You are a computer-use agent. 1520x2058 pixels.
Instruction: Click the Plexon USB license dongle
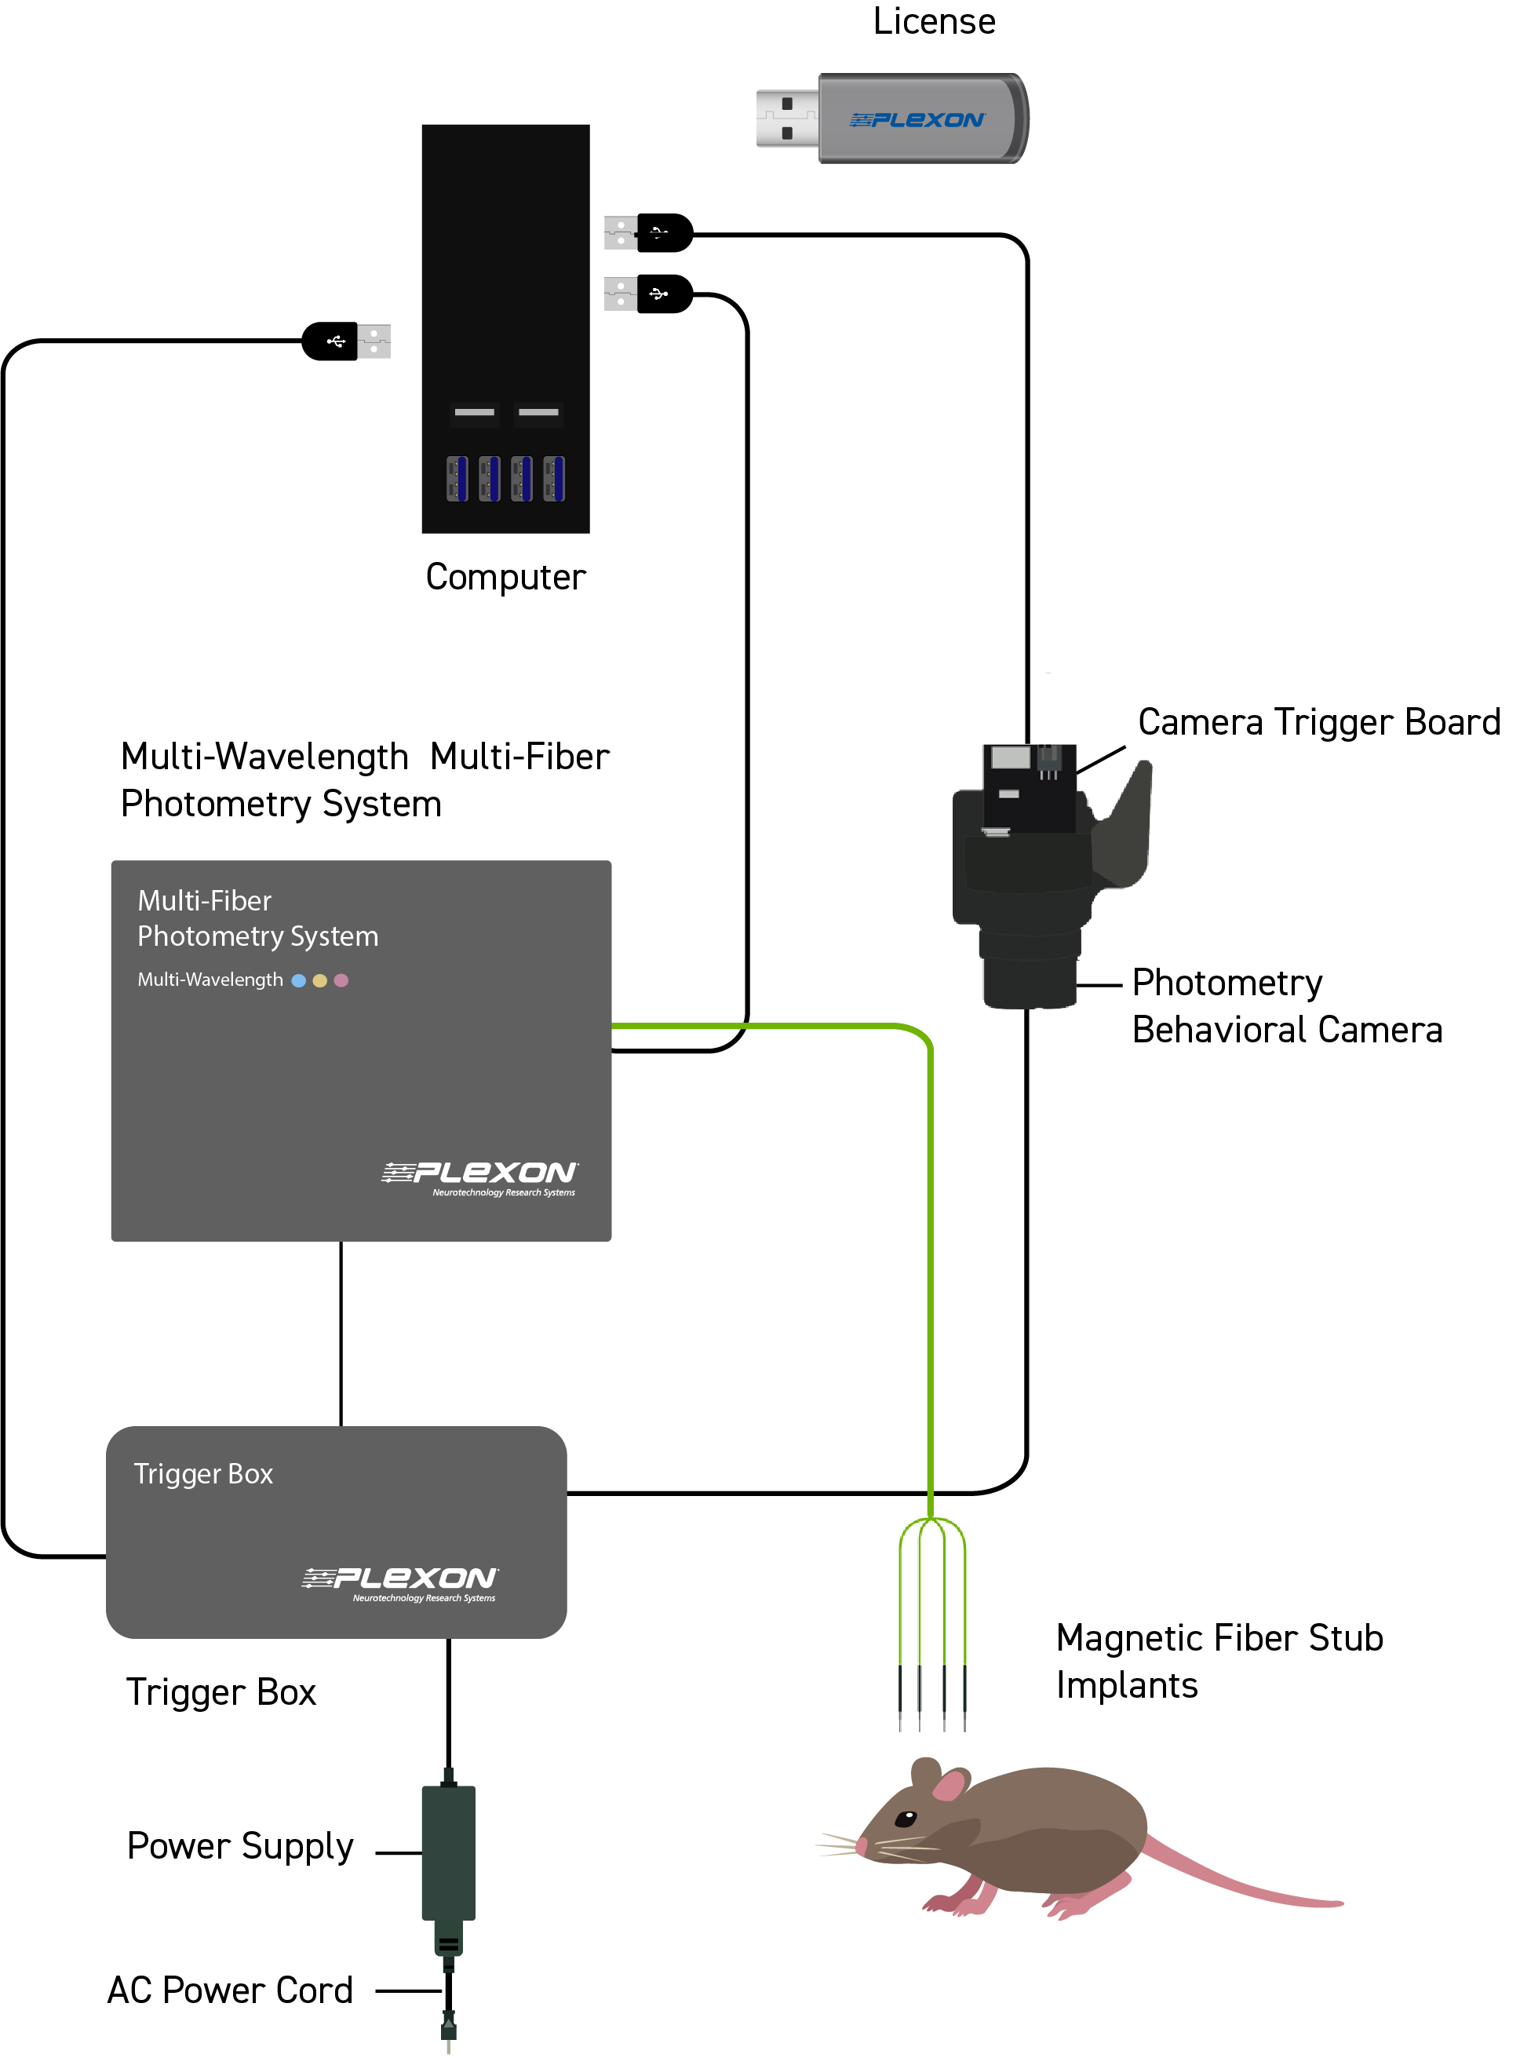pyautogui.click(x=891, y=119)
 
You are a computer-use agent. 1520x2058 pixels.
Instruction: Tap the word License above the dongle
pyautogui.click(x=934, y=21)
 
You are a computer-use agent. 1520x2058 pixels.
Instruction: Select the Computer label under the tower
pyautogui.click(x=505, y=577)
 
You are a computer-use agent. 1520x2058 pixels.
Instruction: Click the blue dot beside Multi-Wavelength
pyautogui.click(x=298, y=980)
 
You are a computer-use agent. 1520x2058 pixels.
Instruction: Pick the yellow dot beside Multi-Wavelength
pyautogui.click(x=319, y=980)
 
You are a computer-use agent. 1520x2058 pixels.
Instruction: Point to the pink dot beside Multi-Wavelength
pyautogui.click(x=341, y=980)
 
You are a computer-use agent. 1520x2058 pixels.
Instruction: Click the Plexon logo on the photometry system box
pyautogui.click(x=479, y=1177)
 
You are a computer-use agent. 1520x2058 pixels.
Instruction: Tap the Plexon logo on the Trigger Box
pyautogui.click(x=400, y=1583)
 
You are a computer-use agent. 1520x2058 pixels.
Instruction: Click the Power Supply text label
pyautogui.click(x=240, y=1846)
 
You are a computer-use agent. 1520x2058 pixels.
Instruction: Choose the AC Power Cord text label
pyautogui.click(x=230, y=1990)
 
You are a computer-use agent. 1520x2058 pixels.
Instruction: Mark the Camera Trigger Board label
pyautogui.click(x=1319, y=723)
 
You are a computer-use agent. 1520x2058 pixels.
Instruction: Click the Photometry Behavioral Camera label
pyautogui.click(x=1287, y=1006)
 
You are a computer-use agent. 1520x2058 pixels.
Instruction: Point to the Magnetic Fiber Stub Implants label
pyautogui.click(x=1219, y=1662)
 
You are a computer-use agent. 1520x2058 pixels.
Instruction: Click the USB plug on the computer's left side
pyautogui.click(x=347, y=341)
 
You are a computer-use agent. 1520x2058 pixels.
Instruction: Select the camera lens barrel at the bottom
pyautogui.click(x=1030, y=981)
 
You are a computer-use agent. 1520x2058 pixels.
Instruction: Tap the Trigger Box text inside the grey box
pyautogui.click(x=203, y=1475)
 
